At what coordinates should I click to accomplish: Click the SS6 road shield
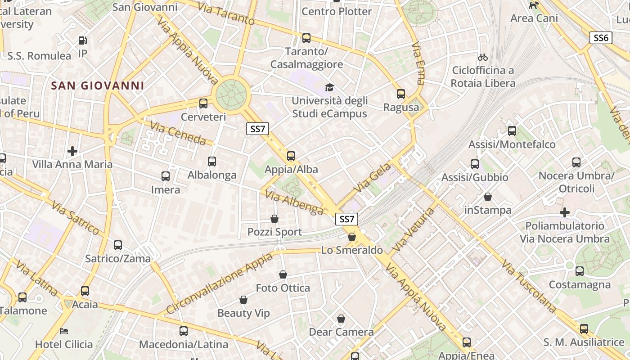[601, 38]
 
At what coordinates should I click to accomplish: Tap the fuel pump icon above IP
[83, 40]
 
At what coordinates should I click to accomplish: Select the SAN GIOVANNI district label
[98, 85]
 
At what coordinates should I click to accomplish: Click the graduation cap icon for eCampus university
[330, 87]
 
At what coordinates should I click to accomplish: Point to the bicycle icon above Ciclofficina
[483, 57]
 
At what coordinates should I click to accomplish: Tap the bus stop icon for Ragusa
[401, 94]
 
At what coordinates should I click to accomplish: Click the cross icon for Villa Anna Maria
[72, 151]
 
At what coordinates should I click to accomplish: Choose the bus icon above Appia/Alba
[291, 156]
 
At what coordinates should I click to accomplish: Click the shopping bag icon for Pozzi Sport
[274, 219]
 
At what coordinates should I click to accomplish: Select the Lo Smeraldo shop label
[352, 250]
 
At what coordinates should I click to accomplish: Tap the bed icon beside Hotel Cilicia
[64, 331]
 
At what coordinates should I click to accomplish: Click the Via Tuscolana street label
[529, 287]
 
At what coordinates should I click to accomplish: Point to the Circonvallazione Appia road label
[219, 283]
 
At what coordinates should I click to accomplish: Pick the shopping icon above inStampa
[488, 197]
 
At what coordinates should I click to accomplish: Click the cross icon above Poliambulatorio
[565, 212]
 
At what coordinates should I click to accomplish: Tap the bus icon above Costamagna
[580, 271]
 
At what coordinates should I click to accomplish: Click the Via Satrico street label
[75, 218]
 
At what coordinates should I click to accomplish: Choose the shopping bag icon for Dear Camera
[341, 319]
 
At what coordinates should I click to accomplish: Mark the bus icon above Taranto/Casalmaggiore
[306, 38]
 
